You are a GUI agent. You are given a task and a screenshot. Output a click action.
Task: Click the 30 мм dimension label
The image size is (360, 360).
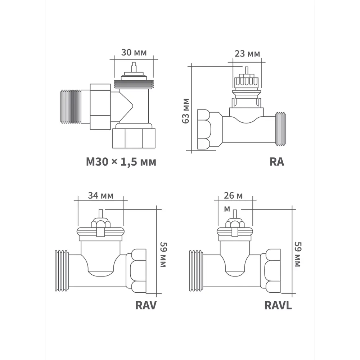[134, 53]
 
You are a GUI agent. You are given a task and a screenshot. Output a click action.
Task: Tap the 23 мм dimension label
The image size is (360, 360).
[247, 54]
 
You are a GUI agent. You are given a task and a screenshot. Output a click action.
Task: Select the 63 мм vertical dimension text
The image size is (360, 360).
[185, 111]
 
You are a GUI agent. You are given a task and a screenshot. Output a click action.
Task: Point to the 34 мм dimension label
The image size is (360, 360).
[100, 195]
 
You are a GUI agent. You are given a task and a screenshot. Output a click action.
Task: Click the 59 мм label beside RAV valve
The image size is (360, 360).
[163, 255]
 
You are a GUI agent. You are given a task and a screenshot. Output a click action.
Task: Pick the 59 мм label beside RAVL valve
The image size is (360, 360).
[298, 254]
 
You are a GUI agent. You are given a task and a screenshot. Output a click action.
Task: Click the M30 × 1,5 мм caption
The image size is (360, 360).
[121, 162]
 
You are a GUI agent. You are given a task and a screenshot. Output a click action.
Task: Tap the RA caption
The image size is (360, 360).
[276, 162]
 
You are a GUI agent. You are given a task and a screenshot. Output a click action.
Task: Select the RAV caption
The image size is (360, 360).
[146, 305]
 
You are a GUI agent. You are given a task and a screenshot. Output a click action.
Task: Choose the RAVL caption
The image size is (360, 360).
[278, 305]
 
